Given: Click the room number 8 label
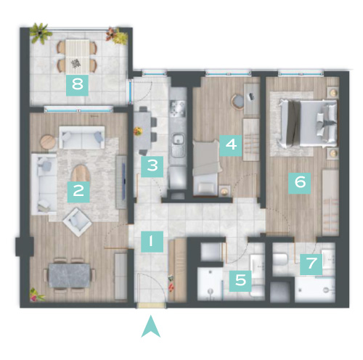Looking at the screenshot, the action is (x=77, y=85).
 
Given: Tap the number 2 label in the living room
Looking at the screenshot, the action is (x=78, y=192).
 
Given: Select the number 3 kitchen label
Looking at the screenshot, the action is (x=152, y=166).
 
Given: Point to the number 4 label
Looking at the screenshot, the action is (x=231, y=145).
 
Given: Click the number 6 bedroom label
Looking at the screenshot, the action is (x=300, y=182).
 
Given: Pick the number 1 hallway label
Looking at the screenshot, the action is (x=152, y=242).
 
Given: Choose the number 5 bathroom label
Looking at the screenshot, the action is (x=240, y=281).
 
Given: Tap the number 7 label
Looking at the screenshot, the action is (x=311, y=264).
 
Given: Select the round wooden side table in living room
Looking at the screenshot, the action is (x=48, y=142).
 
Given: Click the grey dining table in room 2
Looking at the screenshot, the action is (x=69, y=276).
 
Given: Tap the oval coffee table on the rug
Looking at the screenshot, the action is (x=81, y=173).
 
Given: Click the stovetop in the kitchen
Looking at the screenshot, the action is (x=178, y=109).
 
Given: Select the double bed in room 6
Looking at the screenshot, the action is (x=308, y=124).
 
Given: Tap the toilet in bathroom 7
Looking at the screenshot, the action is (x=280, y=259).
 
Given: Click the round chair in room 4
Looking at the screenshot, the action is (x=237, y=102).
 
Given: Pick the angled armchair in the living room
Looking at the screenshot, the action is (x=77, y=222).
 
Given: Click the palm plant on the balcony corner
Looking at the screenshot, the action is (x=41, y=33).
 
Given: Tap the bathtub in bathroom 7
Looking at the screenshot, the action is (x=315, y=290).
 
